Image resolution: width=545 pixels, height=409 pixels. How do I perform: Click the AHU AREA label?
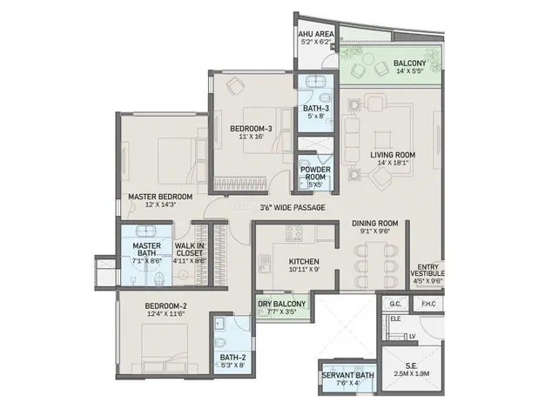click(316, 34)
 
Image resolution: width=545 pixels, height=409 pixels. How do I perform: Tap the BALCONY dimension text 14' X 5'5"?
click(409, 70)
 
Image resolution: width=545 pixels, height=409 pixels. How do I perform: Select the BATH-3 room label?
click(316, 109)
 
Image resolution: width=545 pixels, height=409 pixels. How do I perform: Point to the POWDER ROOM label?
click(315, 173)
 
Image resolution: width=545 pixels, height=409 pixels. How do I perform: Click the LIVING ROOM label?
click(393, 155)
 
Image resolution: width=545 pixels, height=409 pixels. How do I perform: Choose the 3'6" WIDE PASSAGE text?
click(293, 208)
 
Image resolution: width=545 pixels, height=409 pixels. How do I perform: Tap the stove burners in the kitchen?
click(293, 233)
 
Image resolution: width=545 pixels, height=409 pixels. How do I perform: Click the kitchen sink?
click(265, 263)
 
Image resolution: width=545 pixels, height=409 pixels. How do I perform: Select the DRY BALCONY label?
click(281, 304)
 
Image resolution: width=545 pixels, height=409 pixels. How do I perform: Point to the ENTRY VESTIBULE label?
click(427, 271)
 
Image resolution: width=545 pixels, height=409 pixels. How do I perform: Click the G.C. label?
click(395, 304)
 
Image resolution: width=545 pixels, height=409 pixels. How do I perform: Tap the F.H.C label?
click(428, 304)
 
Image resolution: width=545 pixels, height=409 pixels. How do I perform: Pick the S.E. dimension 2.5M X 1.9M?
click(412, 374)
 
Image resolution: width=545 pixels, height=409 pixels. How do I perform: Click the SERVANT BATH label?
click(348, 375)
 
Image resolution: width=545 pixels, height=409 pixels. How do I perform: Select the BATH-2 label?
click(232, 358)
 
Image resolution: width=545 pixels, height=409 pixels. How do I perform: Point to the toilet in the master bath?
click(159, 278)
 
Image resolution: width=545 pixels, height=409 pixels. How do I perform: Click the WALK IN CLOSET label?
click(190, 250)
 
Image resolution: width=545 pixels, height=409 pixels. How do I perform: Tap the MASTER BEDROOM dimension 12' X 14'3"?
click(160, 204)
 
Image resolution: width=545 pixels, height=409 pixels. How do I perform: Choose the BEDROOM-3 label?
click(251, 129)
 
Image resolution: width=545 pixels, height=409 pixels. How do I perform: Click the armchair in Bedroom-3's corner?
click(234, 85)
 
